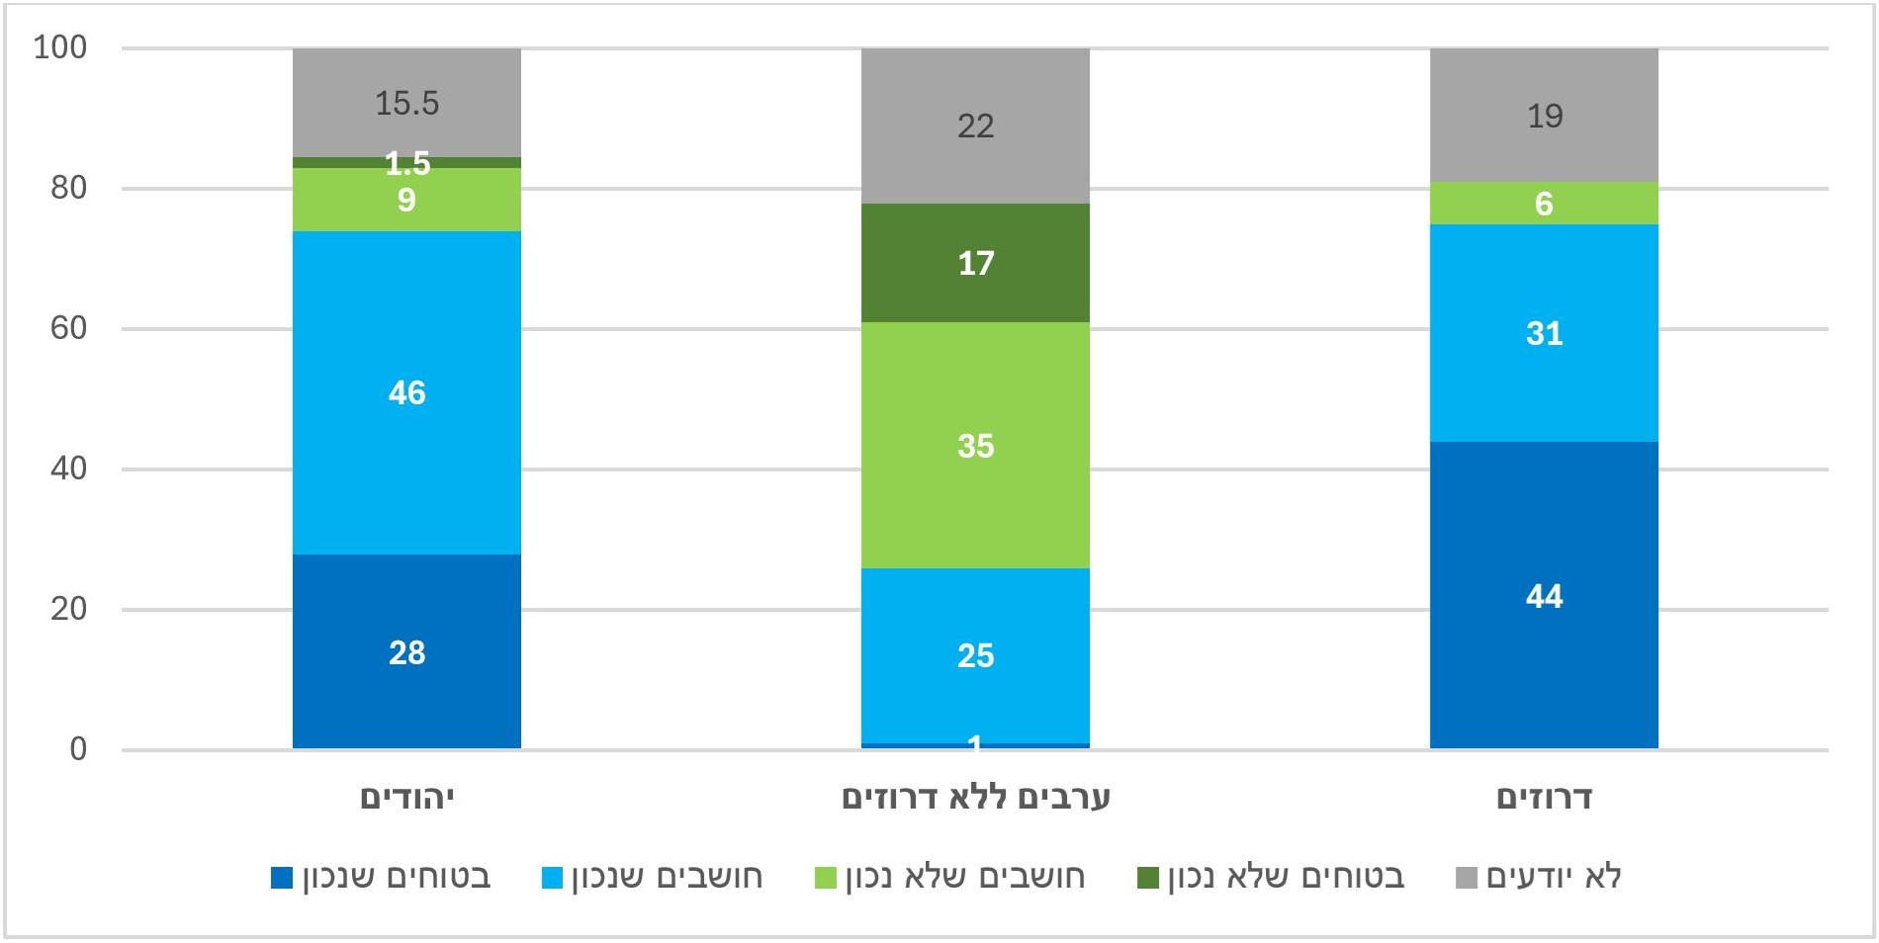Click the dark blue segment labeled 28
pos(406,651)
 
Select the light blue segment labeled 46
pos(406,392)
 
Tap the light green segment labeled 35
pos(975,445)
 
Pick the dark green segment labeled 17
pos(975,263)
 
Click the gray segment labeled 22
pos(975,126)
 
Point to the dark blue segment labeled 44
pos(1544,595)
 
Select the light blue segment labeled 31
pos(1544,333)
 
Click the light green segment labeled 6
pos(1544,204)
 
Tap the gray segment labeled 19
pos(1544,116)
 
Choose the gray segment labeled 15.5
pos(406,103)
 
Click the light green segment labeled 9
pos(406,201)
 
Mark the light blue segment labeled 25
pos(975,654)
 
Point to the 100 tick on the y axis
pos(60,47)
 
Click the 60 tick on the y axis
pos(68,328)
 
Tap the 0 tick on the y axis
pos(78,749)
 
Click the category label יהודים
pos(406,798)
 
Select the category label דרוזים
pos(1544,798)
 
